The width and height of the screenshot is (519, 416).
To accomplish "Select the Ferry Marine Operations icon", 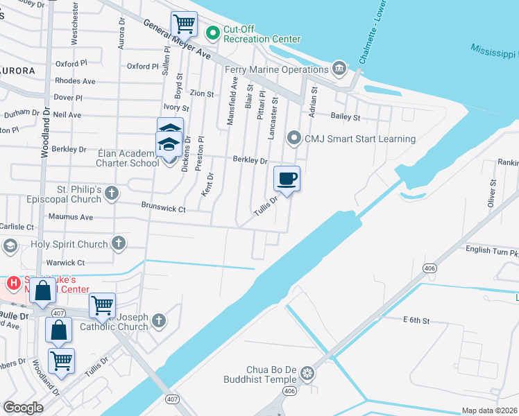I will click(339, 67).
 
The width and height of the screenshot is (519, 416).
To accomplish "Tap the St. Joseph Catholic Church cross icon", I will click(159, 320).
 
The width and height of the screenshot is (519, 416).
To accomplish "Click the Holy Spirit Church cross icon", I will click(119, 243).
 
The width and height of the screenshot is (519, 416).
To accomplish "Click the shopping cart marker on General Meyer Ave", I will click(184, 24).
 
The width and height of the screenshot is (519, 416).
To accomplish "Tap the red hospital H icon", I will click(12, 283).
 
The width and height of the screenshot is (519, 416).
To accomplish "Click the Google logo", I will click(23, 407).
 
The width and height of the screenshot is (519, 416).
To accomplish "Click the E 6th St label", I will click(416, 320).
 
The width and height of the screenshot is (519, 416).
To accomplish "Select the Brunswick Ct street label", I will click(164, 207).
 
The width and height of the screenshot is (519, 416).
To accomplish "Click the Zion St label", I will click(202, 93).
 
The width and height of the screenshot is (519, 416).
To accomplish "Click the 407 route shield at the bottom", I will click(173, 400).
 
